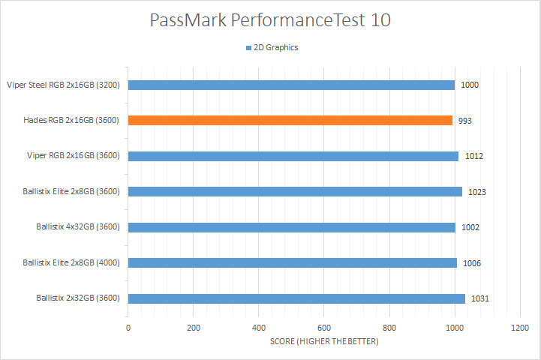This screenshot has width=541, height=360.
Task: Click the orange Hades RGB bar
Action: (x=290, y=120)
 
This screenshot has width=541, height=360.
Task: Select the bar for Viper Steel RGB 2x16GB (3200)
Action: (x=291, y=85)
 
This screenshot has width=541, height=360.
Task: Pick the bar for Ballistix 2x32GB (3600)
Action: (x=296, y=298)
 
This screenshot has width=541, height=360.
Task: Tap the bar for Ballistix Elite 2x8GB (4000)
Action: (x=293, y=262)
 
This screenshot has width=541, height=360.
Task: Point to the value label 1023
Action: (x=477, y=192)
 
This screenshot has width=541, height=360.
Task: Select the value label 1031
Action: (x=479, y=298)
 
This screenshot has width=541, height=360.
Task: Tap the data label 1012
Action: (x=473, y=156)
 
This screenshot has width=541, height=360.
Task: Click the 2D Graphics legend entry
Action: (x=271, y=47)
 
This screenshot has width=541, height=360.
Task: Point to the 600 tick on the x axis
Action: (x=324, y=328)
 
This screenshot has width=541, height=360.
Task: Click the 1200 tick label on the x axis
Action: (x=519, y=328)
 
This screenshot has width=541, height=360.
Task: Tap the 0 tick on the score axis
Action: (x=128, y=328)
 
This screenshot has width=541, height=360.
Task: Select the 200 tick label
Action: (x=194, y=328)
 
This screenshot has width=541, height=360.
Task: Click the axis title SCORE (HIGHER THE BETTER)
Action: (x=324, y=342)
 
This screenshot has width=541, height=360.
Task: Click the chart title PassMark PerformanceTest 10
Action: (x=270, y=20)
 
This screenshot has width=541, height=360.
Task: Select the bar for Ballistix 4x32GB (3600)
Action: (x=292, y=227)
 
